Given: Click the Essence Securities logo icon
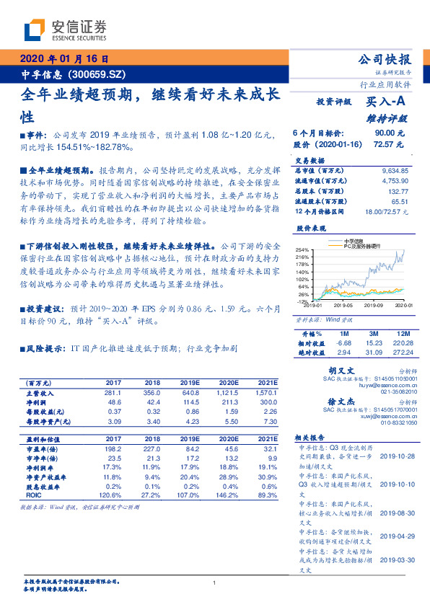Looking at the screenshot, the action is (35, 29).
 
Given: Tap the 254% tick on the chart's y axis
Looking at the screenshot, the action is (303, 249).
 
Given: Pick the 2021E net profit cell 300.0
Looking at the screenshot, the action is (268, 402).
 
